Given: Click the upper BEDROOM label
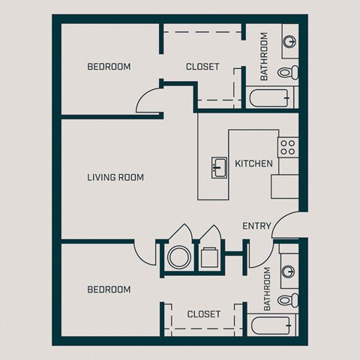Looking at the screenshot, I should click(109, 67).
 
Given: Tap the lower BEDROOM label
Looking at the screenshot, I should click(109, 289).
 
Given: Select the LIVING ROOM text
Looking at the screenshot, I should click(115, 178).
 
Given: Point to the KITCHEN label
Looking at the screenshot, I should click(248, 163).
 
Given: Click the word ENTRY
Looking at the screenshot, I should click(256, 226).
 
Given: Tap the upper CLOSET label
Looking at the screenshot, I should click(202, 67).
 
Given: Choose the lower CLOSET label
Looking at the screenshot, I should click(203, 314).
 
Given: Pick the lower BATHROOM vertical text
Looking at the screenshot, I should click(267, 290).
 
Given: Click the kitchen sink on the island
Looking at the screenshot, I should click(220, 166).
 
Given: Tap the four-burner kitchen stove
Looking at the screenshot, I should click(288, 145).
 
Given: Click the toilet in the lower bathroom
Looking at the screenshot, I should click(287, 301).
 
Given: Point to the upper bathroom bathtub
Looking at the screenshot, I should click(271, 98).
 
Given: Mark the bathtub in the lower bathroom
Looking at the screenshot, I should click(271, 326).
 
